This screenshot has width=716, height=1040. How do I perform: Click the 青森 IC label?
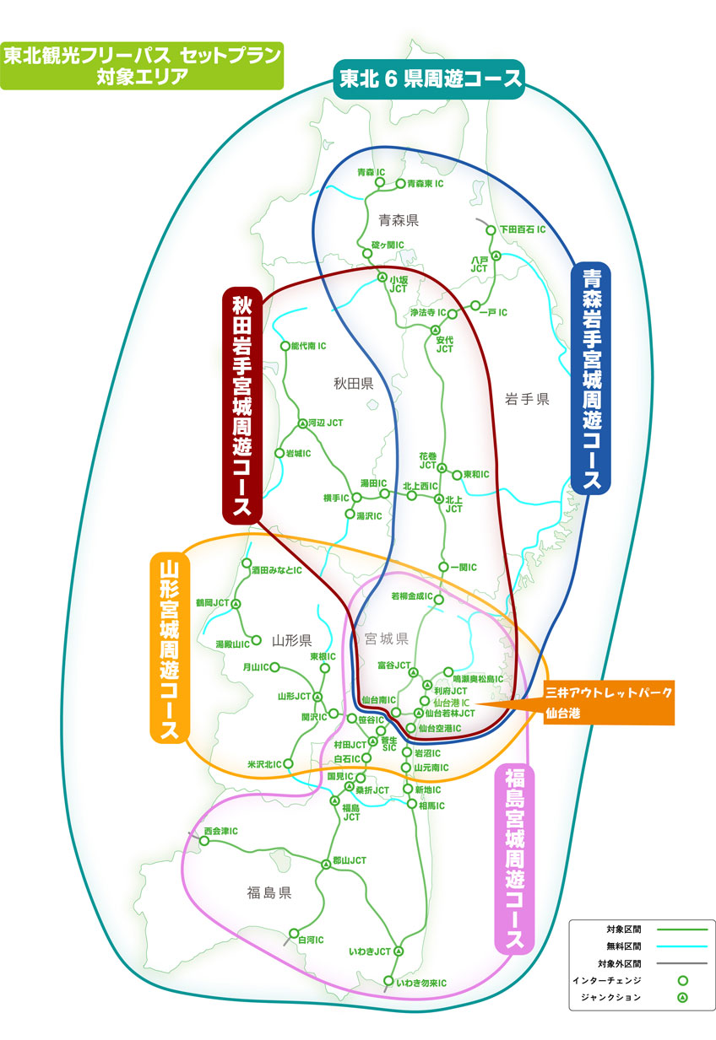pos(371,172)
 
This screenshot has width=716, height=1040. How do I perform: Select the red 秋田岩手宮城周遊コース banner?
pos(241,404)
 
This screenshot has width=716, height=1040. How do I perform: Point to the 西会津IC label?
pos(220,831)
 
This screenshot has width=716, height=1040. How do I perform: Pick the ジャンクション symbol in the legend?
pos(682,998)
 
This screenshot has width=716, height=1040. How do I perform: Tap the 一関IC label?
pos(463,567)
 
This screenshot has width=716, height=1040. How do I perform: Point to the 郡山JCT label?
pos(349,861)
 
